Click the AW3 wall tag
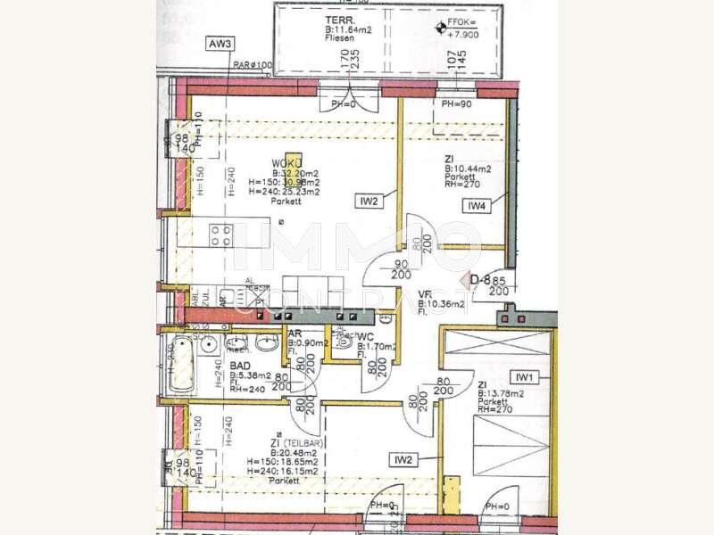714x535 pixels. click(220, 44)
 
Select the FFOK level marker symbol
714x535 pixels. click(438, 28)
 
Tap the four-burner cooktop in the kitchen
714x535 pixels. click(221, 235)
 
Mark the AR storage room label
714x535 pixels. click(295, 335)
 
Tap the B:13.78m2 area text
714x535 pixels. click(502, 393)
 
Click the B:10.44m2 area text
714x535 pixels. click(468, 168)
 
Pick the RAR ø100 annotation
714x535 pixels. click(253, 65)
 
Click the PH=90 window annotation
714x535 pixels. click(457, 104)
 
